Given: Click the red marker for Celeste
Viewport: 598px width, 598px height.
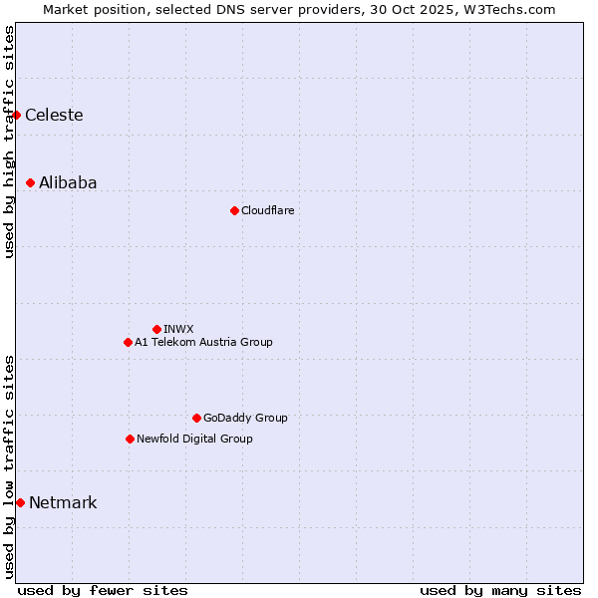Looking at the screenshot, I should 17,116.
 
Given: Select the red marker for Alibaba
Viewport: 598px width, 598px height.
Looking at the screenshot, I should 31,183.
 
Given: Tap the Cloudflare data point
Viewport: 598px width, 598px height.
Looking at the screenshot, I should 234,210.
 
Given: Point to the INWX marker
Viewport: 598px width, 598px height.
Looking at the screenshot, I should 156,329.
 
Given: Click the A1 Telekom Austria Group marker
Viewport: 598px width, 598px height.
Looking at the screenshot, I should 128,342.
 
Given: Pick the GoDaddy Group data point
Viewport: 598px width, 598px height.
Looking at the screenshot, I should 196,418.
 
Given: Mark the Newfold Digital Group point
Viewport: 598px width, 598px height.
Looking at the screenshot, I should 130,439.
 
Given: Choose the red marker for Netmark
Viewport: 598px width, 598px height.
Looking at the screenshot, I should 21,502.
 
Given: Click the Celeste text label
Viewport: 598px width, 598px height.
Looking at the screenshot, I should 54,116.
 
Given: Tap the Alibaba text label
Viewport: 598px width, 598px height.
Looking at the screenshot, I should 68,183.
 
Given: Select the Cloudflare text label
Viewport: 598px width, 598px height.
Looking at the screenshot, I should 267,211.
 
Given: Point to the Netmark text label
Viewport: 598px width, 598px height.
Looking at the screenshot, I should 63,503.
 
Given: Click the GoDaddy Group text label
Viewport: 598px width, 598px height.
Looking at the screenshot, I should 244,419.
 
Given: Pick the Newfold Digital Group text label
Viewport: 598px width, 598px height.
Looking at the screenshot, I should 194,440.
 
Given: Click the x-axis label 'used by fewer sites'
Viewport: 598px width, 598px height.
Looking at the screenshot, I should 103,591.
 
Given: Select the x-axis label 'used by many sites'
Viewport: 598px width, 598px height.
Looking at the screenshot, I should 500,591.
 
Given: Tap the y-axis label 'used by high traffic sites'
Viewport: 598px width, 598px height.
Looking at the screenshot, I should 10,142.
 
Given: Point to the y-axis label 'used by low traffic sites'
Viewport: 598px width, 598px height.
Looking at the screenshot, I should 10,465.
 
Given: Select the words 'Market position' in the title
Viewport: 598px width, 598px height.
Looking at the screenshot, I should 89,9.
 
